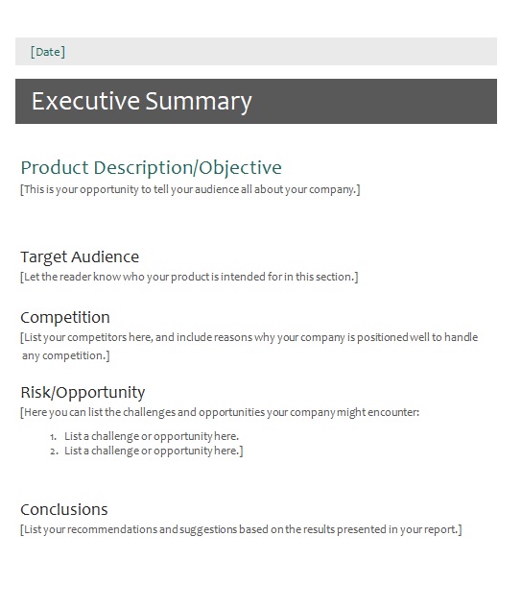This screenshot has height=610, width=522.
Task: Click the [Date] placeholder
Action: [48, 52]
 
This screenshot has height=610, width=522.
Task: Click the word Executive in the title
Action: [85, 101]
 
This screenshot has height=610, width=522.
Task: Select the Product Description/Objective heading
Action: [152, 168]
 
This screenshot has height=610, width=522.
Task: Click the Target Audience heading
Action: [80, 257]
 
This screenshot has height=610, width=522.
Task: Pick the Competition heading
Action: [65, 318]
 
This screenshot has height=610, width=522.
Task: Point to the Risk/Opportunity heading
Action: [83, 393]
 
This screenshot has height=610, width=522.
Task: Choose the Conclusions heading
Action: [64, 510]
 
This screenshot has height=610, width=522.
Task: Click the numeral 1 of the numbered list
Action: [53, 437]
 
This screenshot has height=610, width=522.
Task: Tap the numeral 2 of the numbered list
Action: [54, 451]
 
